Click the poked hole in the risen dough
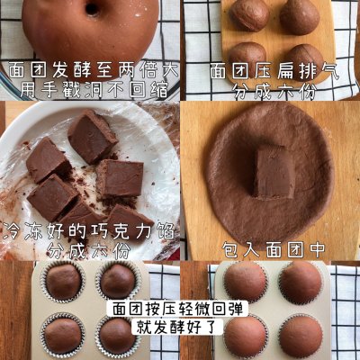point(91,9)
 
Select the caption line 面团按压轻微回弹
point(180,309)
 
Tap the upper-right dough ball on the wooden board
point(302,15)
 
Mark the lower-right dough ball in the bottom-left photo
point(117,335)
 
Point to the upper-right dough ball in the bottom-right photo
point(301,281)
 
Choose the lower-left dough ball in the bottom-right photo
point(245,336)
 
